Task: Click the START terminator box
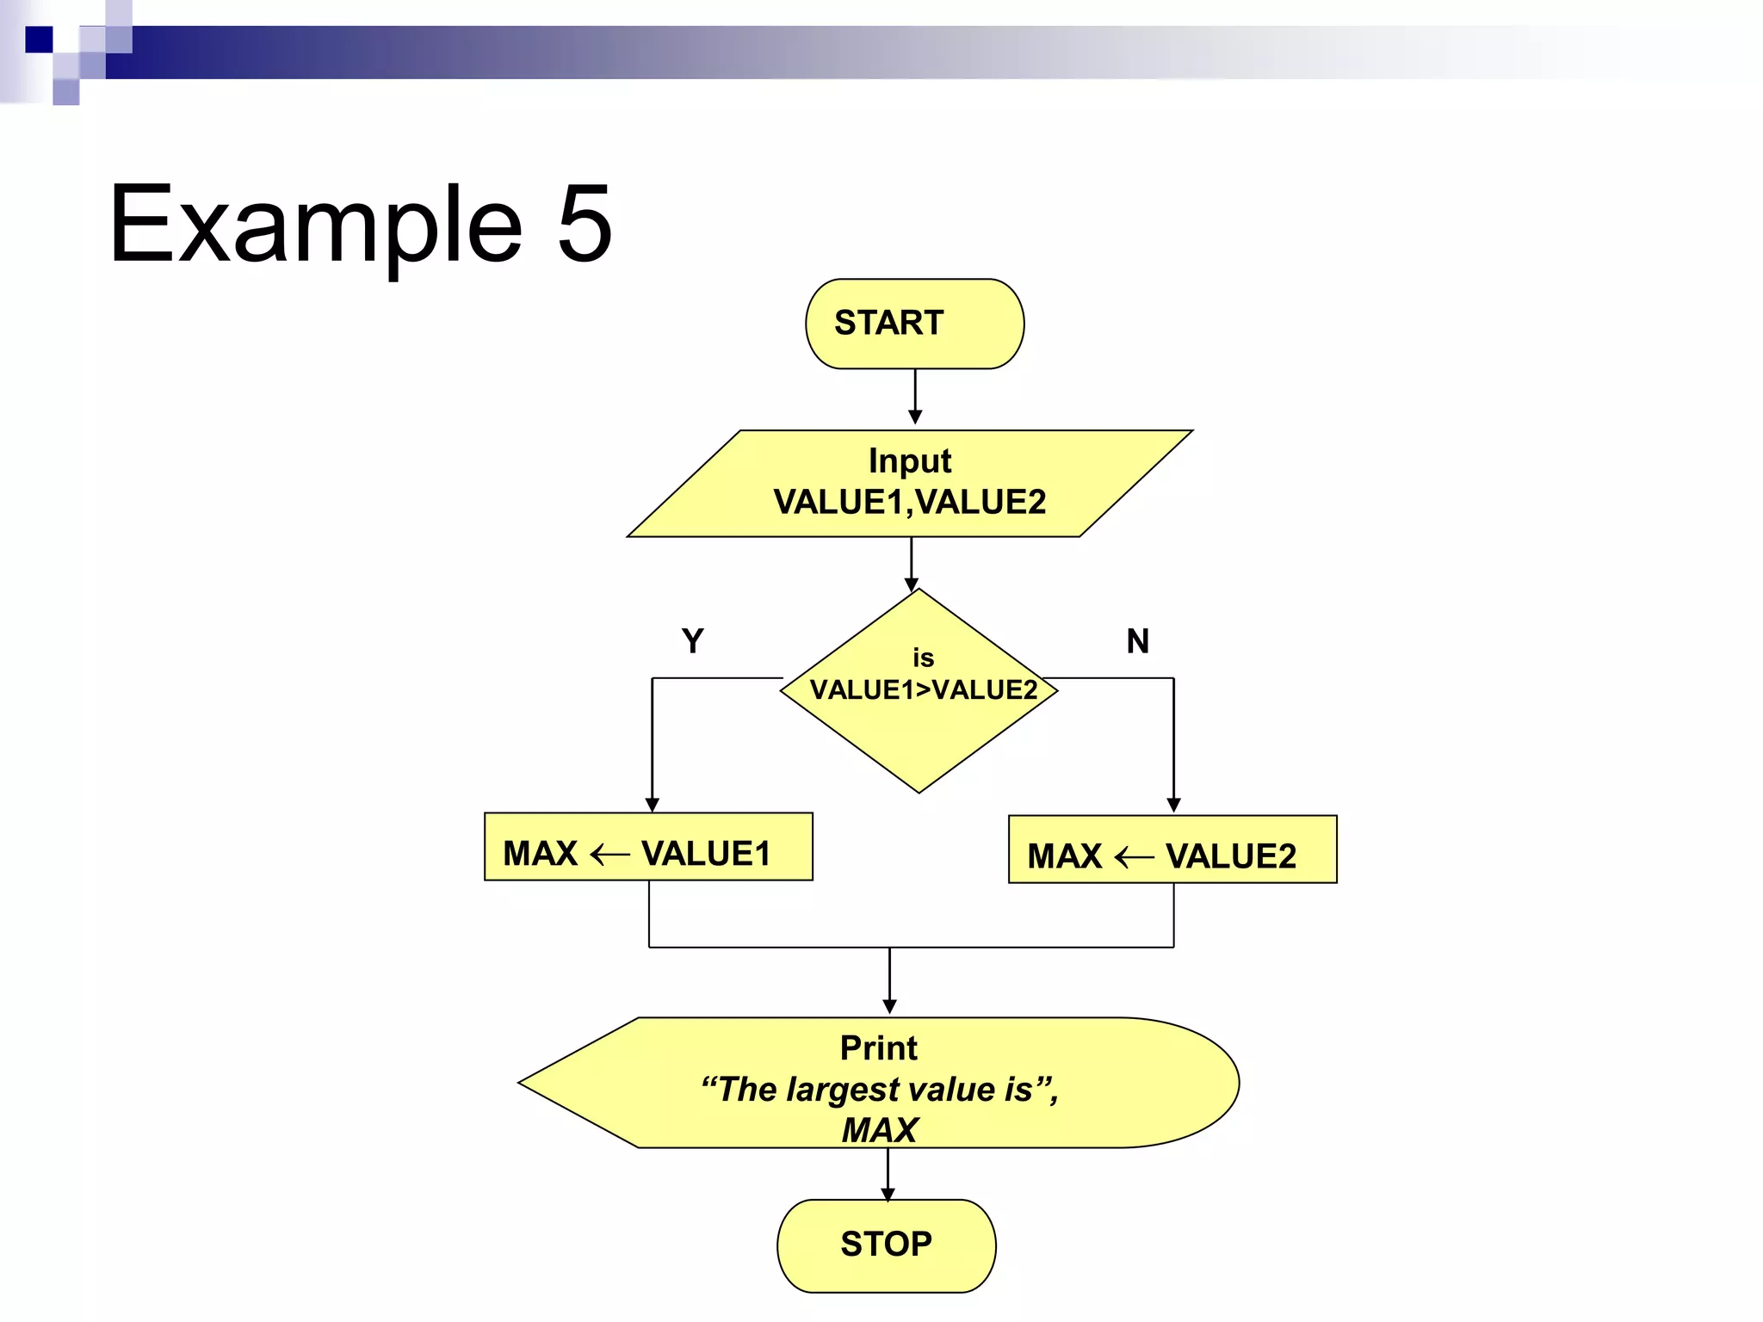tap(914, 324)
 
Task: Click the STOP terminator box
tap(886, 1245)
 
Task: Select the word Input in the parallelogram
tap(909, 461)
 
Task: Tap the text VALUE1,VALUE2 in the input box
tap(909, 502)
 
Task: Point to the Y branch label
tap(692, 641)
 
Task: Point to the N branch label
tap(1137, 641)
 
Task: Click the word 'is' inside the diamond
tap(923, 658)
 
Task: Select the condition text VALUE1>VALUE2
tap(923, 690)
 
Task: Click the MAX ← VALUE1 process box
tap(648, 847)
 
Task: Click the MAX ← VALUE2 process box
tap(1172, 849)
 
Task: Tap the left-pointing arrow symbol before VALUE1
tap(609, 855)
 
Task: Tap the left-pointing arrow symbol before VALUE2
tap(1134, 857)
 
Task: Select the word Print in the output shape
tap(878, 1048)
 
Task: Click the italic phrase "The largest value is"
tap(878, 1090)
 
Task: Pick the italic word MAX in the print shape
tap(880, 1130)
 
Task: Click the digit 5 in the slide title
tap(585, 224)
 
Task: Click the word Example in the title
tap(316, 225)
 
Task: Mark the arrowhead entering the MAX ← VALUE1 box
tap(653, 805)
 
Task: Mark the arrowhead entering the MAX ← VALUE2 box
tap(1173, 806)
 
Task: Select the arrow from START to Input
tap(915, 396)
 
